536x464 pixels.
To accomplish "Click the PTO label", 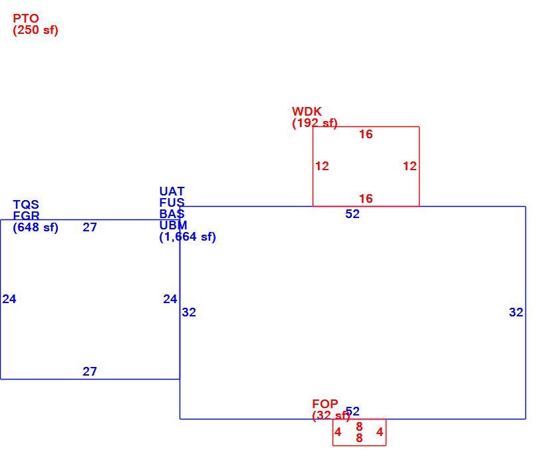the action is click(x=26, y=19).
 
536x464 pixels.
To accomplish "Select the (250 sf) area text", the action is click(x=35, y=30).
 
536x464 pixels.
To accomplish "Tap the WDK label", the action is click(x=307, y=112).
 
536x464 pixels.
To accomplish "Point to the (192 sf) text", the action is click(x=315, y=123).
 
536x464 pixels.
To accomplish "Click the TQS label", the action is click(x=26, y=205).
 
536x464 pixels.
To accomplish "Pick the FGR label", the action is click(x=27, y=215).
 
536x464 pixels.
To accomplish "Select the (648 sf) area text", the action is click(x=35, y=227).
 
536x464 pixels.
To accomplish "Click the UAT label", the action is click(x=172, y=191).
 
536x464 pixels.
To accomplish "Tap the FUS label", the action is click(x=172, y=203).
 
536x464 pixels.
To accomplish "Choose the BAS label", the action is click(x=172, y=214).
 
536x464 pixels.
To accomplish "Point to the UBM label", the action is click(x=174, y=225).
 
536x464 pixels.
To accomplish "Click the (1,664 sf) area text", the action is click(x=188, y=237).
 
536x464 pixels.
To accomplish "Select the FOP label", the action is click(x=325, y=404).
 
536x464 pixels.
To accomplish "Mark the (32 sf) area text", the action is click(x=331, y=415).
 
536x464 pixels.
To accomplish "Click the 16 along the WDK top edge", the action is click(x=366, y=134).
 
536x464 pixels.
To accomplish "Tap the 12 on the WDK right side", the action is click(x=410, y=166).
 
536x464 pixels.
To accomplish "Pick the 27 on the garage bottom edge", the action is click(x=90, y=372).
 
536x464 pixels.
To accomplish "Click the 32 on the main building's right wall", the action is click(x=516, y=312).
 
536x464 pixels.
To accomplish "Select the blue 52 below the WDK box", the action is click(x=352, y=214).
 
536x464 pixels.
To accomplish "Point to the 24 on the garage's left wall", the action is click(x=9, y=299).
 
